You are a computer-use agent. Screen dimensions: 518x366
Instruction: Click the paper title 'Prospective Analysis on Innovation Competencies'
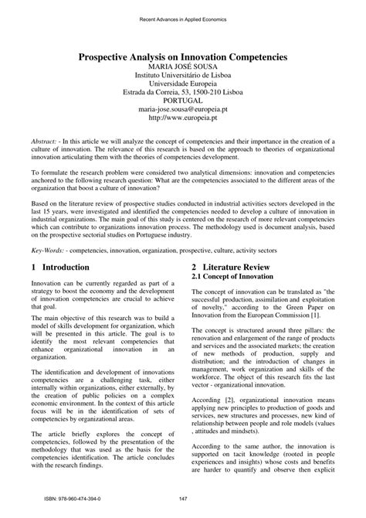183,56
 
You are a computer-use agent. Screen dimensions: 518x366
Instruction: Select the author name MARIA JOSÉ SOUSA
183,68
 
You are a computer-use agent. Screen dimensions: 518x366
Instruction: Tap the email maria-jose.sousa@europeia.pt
183,111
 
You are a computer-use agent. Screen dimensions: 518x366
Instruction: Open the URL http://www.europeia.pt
183,121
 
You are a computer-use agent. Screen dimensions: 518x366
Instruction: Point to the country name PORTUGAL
183,101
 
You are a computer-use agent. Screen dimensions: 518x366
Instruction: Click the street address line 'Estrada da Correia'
183,90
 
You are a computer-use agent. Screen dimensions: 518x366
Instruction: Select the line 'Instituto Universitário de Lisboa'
183,79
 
